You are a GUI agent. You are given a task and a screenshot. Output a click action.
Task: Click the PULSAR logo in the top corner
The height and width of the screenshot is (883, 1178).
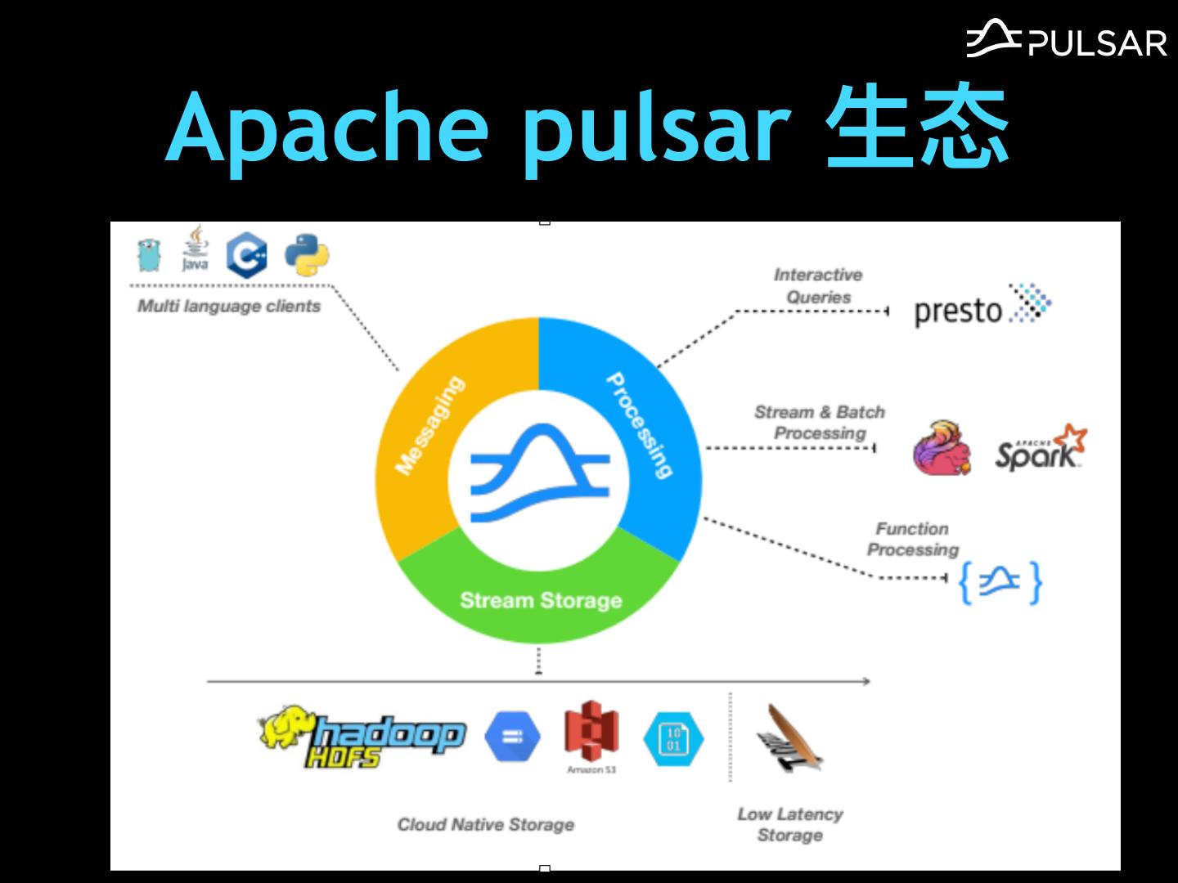[x=1066, y=38]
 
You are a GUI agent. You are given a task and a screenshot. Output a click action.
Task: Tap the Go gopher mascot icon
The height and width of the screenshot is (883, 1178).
[x=148, y=255]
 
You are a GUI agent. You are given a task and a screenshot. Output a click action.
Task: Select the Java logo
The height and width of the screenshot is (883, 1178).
[x=195, y=249]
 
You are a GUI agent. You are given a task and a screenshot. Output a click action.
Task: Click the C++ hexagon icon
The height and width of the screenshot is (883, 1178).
[x=247, y=256]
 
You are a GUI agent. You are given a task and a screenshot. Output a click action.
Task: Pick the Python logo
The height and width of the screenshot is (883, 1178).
[x=307, y=256]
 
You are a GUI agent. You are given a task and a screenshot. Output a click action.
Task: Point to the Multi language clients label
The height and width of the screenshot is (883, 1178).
[x=229, y=307]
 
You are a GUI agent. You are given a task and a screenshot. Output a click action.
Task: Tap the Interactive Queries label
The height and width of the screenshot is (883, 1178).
[x=818, y=286]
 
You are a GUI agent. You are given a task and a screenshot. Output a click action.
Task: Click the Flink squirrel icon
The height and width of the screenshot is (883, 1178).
[x=942, y=448]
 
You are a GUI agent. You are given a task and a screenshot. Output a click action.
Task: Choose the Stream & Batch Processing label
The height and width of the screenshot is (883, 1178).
[x=819, y=423]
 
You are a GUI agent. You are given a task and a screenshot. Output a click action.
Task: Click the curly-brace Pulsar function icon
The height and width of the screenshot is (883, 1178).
[x=1000, y=582]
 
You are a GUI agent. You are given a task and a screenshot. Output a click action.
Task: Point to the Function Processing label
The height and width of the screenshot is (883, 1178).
[x=912, y=540]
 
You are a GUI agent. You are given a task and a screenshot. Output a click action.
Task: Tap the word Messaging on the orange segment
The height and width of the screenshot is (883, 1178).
[x=429, y=425]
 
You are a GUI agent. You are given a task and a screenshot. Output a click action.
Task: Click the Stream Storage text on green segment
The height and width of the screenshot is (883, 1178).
[x=541, y=601]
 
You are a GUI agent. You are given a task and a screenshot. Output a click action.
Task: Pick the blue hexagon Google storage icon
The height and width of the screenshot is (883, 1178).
[x=513, y=737]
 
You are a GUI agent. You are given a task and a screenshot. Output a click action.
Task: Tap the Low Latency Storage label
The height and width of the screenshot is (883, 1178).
[x=789, y=824]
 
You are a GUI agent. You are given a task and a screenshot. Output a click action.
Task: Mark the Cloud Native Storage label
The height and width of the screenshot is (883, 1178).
[x=486, y=824]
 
